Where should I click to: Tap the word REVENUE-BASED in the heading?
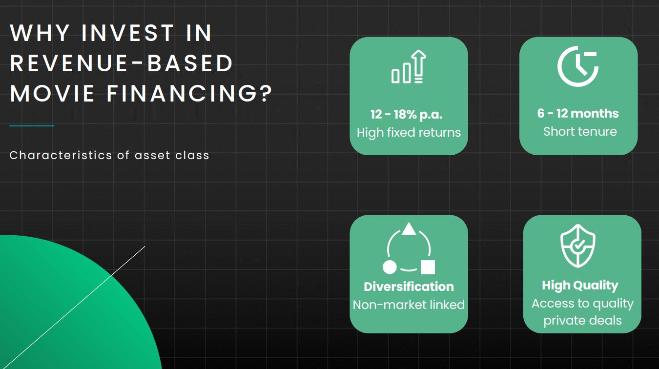pos(122,63)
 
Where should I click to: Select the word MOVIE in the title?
pos(52,93)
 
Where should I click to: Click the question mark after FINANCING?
pos(266,93)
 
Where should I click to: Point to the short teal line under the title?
pos(32,126)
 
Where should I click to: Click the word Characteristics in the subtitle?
pos(61,155)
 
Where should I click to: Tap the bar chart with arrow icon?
pos(409,66)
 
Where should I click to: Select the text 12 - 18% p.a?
pos(406,115)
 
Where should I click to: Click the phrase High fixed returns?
pos(409,132)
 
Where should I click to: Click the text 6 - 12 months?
pos(578,113)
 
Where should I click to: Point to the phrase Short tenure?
pos(580,131)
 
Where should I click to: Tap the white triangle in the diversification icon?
pos(409,229)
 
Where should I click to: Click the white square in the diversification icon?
pos(428,267)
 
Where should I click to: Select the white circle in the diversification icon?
pos(390,267)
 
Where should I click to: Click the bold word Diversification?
pos(409,287)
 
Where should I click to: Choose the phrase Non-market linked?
pos(409,305)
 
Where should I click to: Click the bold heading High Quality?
pos(580,286)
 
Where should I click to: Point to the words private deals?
pos(582,321)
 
